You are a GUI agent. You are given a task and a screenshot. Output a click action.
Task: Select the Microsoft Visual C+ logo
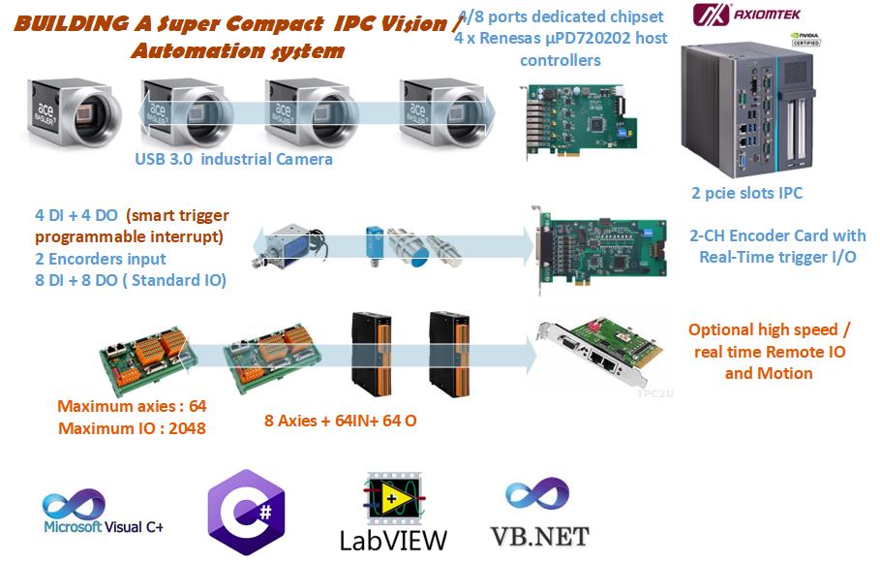[x=103, y=514]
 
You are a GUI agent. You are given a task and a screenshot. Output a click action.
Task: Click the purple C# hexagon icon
[x=245, y=512]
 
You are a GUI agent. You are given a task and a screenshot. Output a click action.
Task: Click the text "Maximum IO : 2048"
[x=132, y=427]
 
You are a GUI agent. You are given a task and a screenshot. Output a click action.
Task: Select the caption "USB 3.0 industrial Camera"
[x=233, y=159]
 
